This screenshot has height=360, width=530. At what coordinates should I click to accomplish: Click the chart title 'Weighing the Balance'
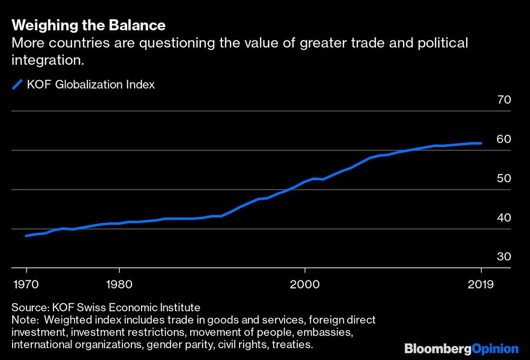click(x=88, y=25)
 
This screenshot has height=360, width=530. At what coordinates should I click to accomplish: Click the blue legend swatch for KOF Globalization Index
click(x=17, y=84)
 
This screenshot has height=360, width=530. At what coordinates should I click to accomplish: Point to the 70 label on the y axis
click(x=503, y=100)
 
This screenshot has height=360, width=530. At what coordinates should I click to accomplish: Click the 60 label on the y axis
click(x=503, y=139)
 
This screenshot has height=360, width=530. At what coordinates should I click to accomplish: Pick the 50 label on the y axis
click(x=503, y=178)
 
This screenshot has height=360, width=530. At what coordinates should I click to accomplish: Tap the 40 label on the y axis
click(x=503, y=217)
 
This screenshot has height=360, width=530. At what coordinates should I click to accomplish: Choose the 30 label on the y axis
click(x=503, y=257)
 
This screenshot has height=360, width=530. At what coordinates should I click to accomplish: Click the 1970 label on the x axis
click(x=26, y=284)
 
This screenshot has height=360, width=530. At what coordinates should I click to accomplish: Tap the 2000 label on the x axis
click(x=305, y=284)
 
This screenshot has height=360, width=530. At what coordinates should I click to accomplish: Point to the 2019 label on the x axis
click(x=481, y=284)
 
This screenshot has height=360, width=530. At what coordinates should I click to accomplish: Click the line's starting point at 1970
click(x=26, y=235)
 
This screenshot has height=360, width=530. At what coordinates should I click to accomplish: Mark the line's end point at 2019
click(x=481, y=143)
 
